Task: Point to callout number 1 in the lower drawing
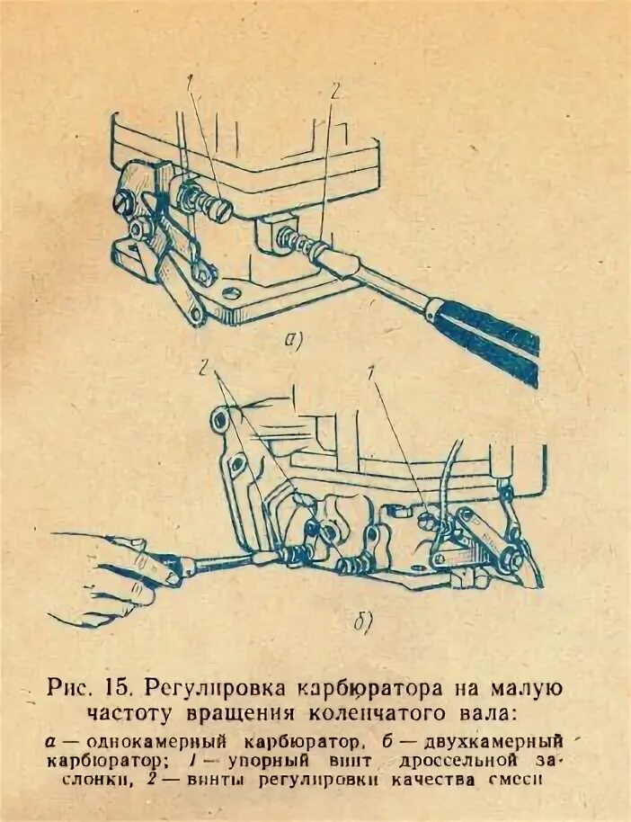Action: pos(374,371)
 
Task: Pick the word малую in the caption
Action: pos(519,690)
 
